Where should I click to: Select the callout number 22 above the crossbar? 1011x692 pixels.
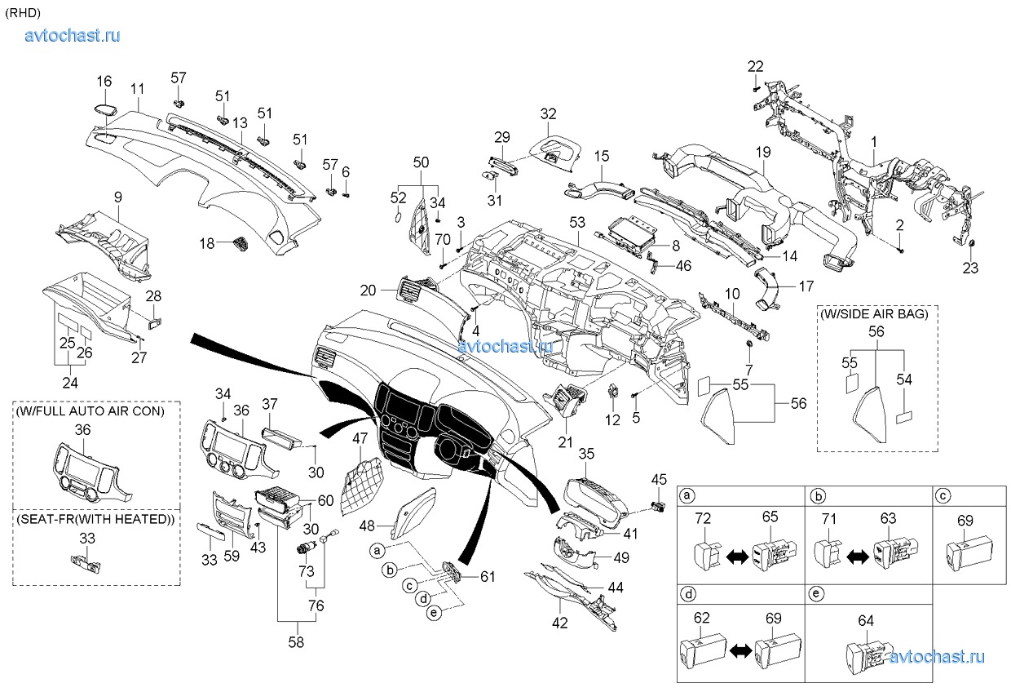point(756,66)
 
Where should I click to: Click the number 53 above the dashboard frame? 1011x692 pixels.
point(577,222)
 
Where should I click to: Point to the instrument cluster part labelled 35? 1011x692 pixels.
point(595,494)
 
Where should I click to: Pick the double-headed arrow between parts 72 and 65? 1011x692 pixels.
point(737,556)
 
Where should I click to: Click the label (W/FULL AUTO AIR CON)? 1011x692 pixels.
point(90,411)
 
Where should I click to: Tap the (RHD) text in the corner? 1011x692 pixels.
point(22,12)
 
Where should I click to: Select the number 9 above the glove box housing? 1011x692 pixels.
point(117,197)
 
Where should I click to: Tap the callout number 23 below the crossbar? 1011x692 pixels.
point(969,268)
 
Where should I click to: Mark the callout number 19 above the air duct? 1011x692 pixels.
point(762,153)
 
